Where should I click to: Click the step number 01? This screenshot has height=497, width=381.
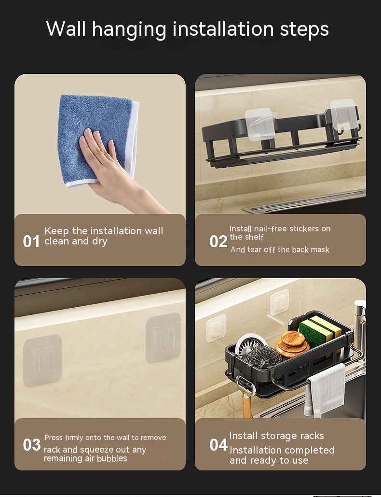pos(31,241)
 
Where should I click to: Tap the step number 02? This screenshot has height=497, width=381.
pos(218,241)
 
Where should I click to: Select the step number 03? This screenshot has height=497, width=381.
pos(32,445)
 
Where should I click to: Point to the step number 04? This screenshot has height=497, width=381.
pos(218,445)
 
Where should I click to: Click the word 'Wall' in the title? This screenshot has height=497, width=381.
pos(66,29)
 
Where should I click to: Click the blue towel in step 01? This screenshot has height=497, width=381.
pos(98,140)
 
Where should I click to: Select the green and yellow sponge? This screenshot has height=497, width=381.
pos(320,333)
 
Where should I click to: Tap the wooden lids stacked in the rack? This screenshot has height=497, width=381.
pos(292,344)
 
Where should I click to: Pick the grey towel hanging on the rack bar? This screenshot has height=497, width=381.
pos(325,390)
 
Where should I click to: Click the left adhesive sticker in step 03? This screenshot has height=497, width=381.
pos(42,360)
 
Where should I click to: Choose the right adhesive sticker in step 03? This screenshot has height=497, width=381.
pos(163,338)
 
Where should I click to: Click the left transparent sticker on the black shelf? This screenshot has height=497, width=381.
pos(259,124)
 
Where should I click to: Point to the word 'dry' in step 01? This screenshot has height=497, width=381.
pos(100,242)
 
